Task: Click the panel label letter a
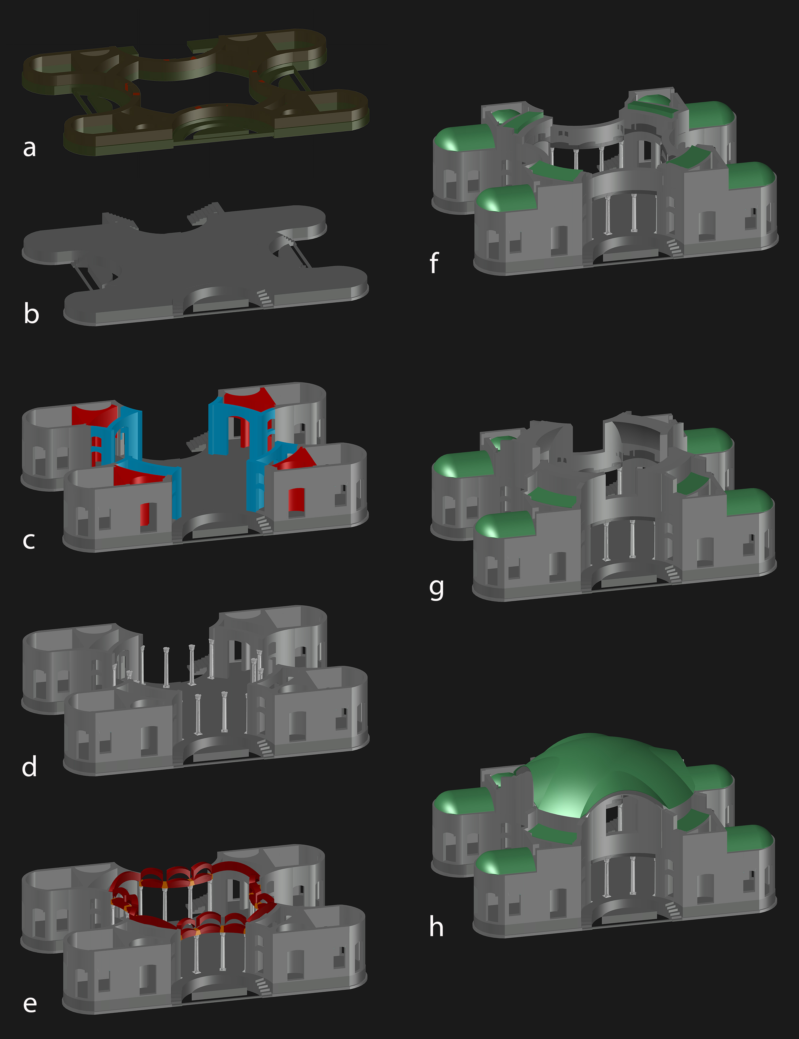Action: click(x=30, y=148)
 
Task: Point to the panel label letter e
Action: click(x=30, y=1003)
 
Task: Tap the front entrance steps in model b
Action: click(x=265, y=298)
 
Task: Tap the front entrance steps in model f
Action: click(x=674, y=247)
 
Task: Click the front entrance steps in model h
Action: click(x=672, y=910)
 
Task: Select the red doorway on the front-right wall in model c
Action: click(x=296, y=502)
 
